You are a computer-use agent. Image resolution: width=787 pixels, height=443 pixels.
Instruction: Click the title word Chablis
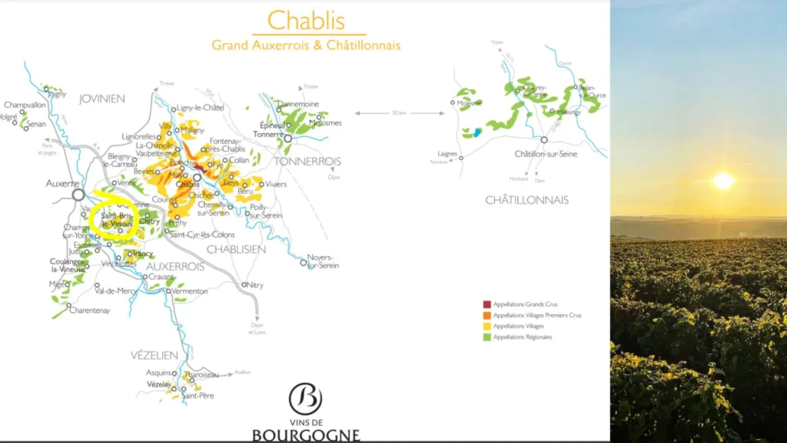point(306,21)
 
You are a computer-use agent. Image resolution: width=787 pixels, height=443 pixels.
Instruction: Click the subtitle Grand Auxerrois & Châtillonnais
point(306,45)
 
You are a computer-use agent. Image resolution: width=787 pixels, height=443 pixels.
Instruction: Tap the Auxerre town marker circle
point(78,195)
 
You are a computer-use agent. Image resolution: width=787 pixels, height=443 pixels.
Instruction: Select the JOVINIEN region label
point(102,99)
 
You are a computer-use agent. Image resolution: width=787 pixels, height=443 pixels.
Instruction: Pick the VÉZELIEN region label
point(154,355)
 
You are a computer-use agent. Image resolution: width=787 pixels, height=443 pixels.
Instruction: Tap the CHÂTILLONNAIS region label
point(526,200)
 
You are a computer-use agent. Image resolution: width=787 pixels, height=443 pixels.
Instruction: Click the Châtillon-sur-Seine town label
point(546,154)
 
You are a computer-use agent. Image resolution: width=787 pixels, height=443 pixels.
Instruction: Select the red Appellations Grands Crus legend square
point(487,305)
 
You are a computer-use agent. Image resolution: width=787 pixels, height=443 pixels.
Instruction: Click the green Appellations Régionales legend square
point(487,337)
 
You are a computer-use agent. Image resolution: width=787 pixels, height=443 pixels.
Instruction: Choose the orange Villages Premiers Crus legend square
point(487,315)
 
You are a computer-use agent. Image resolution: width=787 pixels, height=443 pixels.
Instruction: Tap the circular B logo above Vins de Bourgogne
point(305,399)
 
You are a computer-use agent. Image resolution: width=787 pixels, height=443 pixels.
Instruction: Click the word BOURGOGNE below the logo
point(305,435)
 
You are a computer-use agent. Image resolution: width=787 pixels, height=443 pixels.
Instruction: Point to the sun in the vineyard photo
point(722,182)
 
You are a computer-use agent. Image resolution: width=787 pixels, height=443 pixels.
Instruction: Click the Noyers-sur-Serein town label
point(321,261)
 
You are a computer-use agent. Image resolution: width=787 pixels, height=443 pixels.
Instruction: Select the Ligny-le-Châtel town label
point(201,108)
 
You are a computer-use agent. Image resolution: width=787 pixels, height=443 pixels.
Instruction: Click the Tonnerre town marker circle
point(288,138)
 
